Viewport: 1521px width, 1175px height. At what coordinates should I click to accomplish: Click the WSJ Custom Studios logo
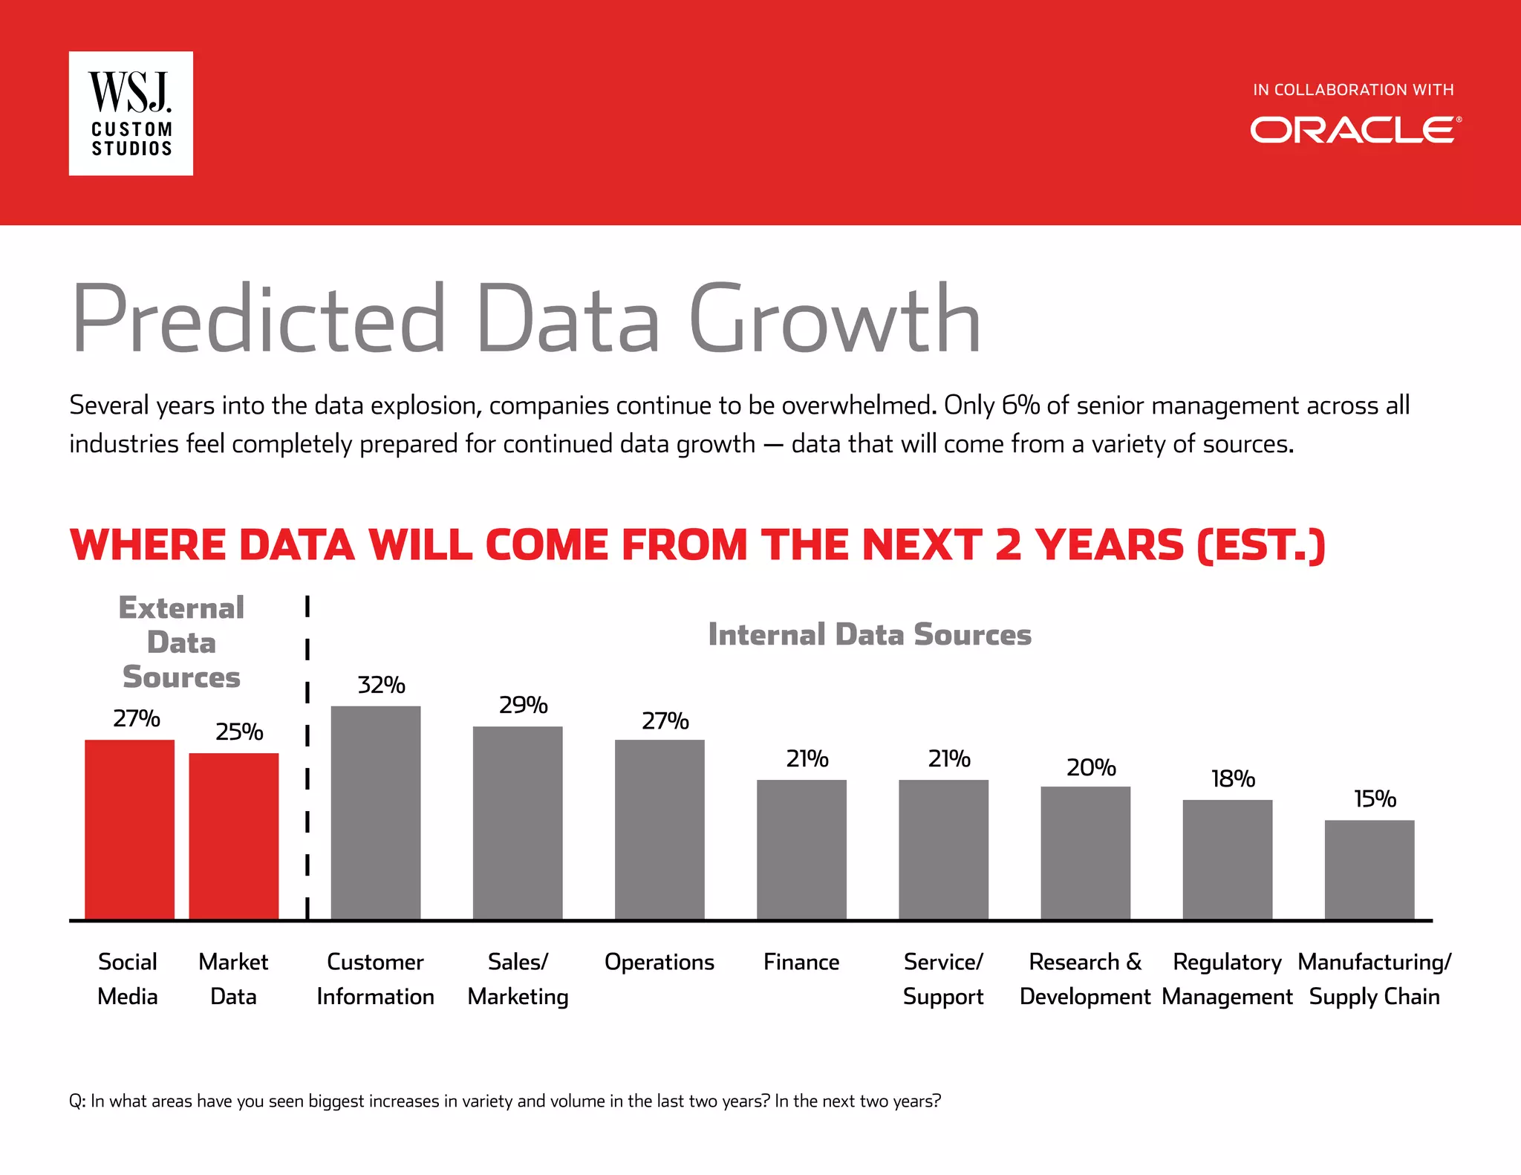coord(131,114)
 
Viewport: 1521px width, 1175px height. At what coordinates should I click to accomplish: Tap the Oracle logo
coord(1355,130)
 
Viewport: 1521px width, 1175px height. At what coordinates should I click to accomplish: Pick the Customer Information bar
coord(376,813)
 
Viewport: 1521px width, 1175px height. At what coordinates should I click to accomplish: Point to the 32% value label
coord(381,685)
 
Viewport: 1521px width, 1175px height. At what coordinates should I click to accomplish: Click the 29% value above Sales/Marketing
coord(523,705)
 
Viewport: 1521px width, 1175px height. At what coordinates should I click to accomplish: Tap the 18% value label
coord(1233,778)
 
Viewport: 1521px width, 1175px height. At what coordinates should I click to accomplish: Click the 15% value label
coord(1375,798)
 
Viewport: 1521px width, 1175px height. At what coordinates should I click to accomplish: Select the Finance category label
coord(801,963)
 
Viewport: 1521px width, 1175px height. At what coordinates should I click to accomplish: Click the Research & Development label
coord(1085,979)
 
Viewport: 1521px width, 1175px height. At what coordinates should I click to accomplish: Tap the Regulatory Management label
coord(1227,979)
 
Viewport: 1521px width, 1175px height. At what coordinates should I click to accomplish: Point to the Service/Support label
coord(943,979)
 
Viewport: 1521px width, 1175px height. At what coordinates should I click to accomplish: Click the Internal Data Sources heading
coord(870,635)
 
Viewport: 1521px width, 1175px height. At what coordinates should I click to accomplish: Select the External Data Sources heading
coord(181,642)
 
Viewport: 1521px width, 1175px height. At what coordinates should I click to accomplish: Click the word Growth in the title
coord(835,321)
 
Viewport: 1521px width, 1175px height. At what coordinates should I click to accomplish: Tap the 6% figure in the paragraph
coord(1020,406)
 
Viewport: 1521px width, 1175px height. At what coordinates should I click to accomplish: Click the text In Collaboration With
coord(1353,90)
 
